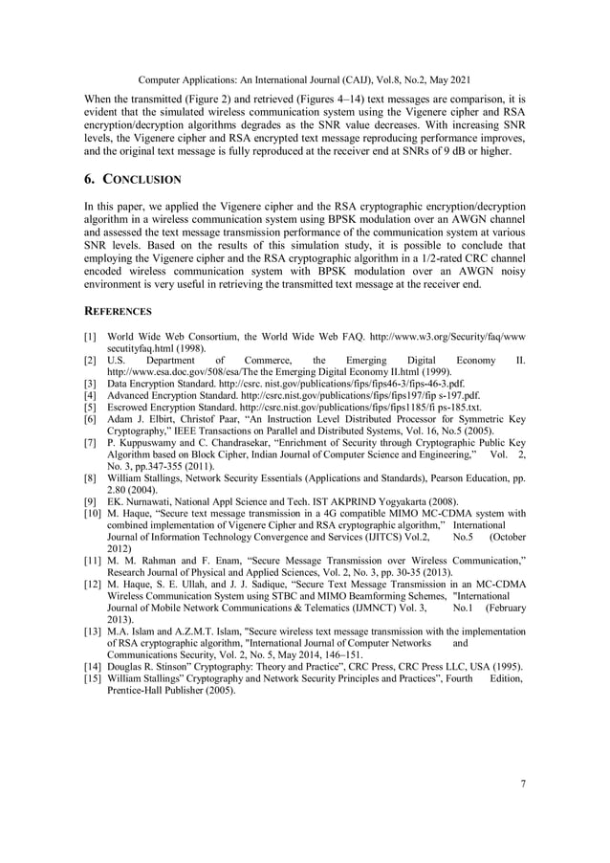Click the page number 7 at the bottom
523,784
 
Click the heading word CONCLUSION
145,179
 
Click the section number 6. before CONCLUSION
91,179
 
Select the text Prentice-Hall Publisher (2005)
171,690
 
